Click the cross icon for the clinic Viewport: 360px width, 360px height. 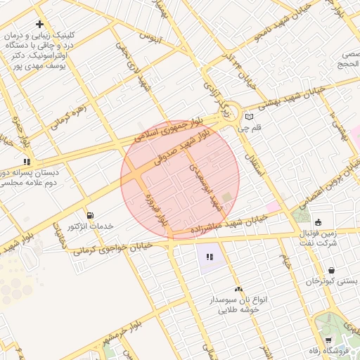[x=39, y=24]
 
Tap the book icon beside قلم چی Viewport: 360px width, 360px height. [x=248, y=117]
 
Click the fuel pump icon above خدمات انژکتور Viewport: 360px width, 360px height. [x=89, y=214]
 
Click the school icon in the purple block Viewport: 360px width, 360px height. [x=209, y=257]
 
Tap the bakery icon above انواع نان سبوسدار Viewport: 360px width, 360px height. [x=238, y=288]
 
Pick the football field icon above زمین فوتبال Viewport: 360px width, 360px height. [x=317, y=222]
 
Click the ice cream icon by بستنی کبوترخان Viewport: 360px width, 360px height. [x=331, y=270]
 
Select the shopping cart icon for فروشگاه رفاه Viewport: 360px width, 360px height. [x=328, y=340]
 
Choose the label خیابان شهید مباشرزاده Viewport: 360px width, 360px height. [x=229, y=225]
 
